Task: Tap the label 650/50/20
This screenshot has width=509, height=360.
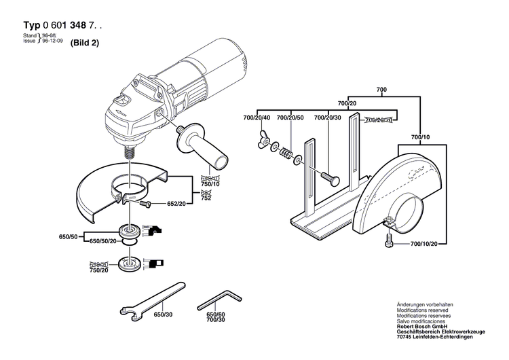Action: pyautogui.click(x=102, y=241)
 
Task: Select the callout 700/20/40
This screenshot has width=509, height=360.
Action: pyautogui.click(x=257, y=118)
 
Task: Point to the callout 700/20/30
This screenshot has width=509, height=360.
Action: pyautogui.click(x=328, y=118)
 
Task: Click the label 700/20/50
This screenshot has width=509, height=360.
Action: pyautogui.click(x=293, y=118)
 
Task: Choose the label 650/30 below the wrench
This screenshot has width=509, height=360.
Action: pyautogui.click(x=164, y=315)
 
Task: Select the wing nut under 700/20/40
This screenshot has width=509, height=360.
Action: pyautogui.click(x=261, y=144)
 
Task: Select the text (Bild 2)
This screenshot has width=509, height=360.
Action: pyautogui.click(x=84, y=42)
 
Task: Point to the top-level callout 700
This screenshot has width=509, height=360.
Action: pyautogui.click(x=381, y=90)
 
